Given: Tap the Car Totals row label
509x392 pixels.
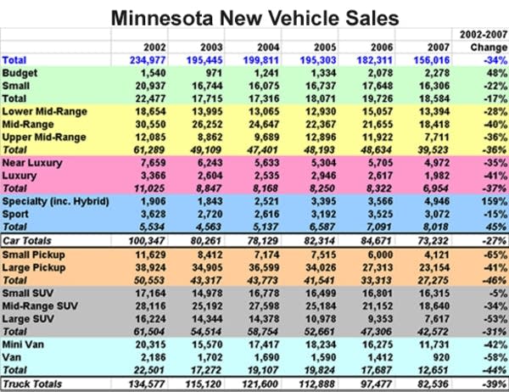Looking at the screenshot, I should [28, 241].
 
